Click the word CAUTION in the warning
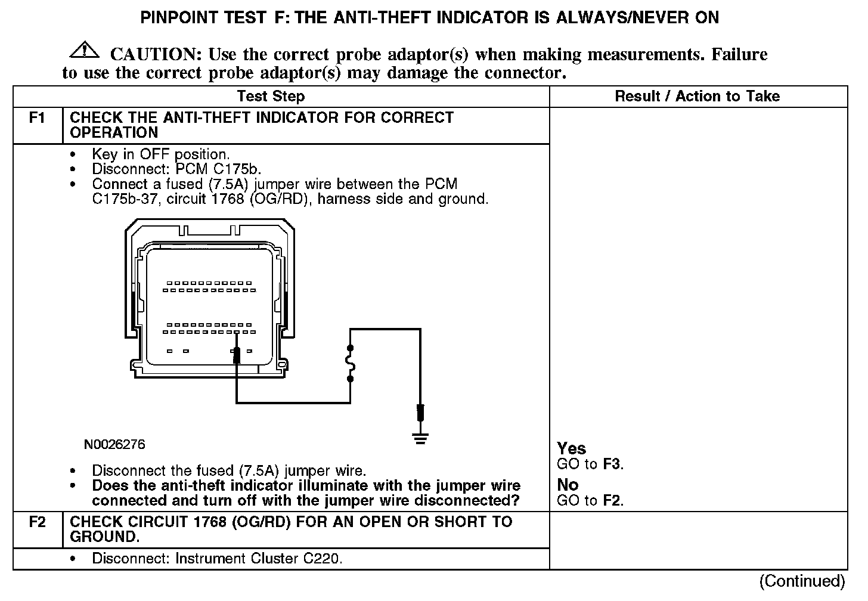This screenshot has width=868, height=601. click(x=153, y=55)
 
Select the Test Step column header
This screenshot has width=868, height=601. click(x=271, y=97)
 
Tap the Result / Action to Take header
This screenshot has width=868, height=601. click(x=697, y=97)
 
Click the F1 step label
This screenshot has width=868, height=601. click(x=38, y=118)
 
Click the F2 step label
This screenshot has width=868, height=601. click(x=38, y=522)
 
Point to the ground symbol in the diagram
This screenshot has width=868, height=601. click(x=421, y=440)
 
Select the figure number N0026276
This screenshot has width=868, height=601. click(x=114, y=445)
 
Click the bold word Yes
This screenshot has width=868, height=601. click(x=571, y=448)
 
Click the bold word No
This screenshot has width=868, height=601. click(x=568, y=485)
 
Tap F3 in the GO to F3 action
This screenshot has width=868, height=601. click(x=612, y=464)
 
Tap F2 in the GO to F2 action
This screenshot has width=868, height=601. click(x=612, y=500)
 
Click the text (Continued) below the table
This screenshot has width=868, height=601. click(x=802, y=581)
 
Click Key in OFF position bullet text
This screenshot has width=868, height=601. click(x=160, y=154)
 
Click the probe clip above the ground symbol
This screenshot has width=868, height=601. click(x=421, y=413)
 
